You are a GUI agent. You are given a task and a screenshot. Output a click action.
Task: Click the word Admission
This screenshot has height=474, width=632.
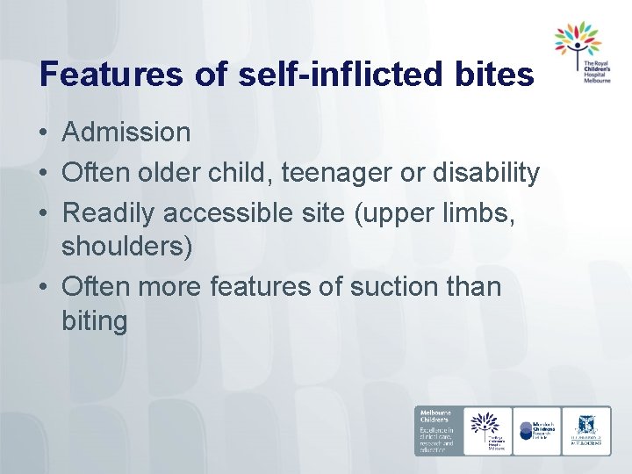coord(126,133)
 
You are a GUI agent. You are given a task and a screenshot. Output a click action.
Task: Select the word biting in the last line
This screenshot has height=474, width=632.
coord(95,321)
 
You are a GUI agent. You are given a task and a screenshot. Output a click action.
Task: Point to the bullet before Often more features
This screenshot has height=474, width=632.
coord(43,287)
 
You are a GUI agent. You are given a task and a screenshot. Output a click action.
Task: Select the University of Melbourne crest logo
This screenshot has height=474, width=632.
coord(586,429)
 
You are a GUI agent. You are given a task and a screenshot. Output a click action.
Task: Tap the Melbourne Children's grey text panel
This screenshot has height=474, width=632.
coord(438,430)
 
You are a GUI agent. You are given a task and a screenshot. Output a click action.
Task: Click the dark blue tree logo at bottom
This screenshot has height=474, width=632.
coord(487,429)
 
